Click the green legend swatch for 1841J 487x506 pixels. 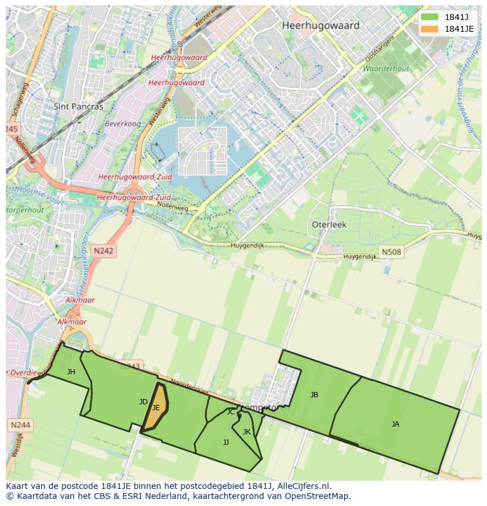click(x=429, y=17)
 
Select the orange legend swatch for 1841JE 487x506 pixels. click(x=429, y=29)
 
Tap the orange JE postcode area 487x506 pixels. click(x=156, y=407)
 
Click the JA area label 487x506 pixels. click(x=395, y=424)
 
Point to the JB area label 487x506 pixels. click(x=314, y=395)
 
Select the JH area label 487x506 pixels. click(x=71, y=371)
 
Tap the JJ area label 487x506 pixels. click(x=226, y=443)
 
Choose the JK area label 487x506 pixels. click(x=246, y=432)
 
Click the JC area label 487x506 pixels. click(x=231, y=412)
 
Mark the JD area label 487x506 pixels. click(x=143, y=402)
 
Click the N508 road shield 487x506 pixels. click(x=391, y=252)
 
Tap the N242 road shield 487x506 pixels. click(x=104, y=251)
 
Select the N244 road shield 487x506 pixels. click(x=20, y=424)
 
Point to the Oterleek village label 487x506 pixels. click(x=329, y=224)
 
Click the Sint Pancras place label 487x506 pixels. click(x=78, y=107)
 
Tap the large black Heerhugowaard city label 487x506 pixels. click(x=321, y=26)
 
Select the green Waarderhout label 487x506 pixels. click(x=385, y=69)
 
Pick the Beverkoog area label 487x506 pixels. click(x=122, y=124)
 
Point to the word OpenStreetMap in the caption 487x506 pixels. click(x=320, y=496)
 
